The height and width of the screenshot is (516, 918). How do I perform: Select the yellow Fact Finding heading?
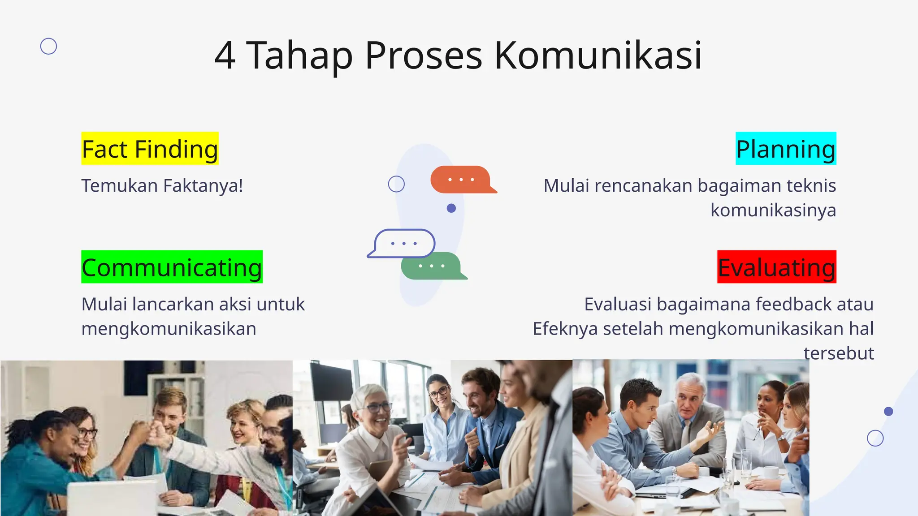pyautogui.click(x=150, y=149)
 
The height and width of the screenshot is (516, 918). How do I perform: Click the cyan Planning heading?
pyautogui.click(x=786, y=149)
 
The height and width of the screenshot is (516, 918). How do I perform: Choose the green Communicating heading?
pyautogui.click(x=172, y=267)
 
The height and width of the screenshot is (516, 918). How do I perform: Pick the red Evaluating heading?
pyautogui.click(x=776, y=267)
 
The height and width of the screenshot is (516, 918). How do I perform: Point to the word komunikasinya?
pyautogui.click(x=773, y=210)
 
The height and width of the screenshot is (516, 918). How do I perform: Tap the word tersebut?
pyautogui.click(x=838, y=353)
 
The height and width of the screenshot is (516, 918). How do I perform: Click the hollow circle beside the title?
pyautogui.click(x=48, y=46)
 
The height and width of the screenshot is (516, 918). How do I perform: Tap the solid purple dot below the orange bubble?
pyautogui.click(x=451, y=208)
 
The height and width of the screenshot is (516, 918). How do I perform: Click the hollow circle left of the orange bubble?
pyautogui.click(x=396, y=184)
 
